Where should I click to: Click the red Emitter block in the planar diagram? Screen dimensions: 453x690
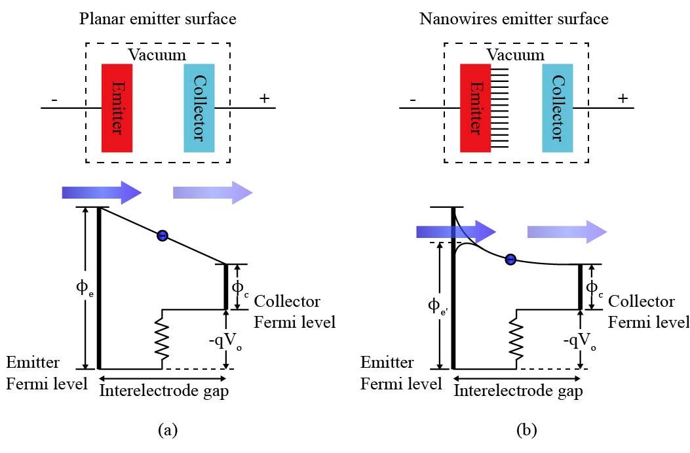point(117,108)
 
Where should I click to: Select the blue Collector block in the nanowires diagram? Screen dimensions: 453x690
point(558,108)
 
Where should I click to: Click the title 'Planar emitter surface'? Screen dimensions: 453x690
point(157,19)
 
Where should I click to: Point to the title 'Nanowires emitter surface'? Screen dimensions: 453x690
point(514,19)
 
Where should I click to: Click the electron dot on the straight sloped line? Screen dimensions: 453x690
point(162,236)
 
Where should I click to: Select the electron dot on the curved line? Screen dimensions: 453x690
point(510,260)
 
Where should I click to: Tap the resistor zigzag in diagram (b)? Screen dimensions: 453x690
point(517,338)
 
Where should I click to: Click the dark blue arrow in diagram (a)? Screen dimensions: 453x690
point(101,191)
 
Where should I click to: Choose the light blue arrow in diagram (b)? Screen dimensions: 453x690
point(567,231)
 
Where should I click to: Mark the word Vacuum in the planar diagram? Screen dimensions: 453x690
point(158,56)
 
